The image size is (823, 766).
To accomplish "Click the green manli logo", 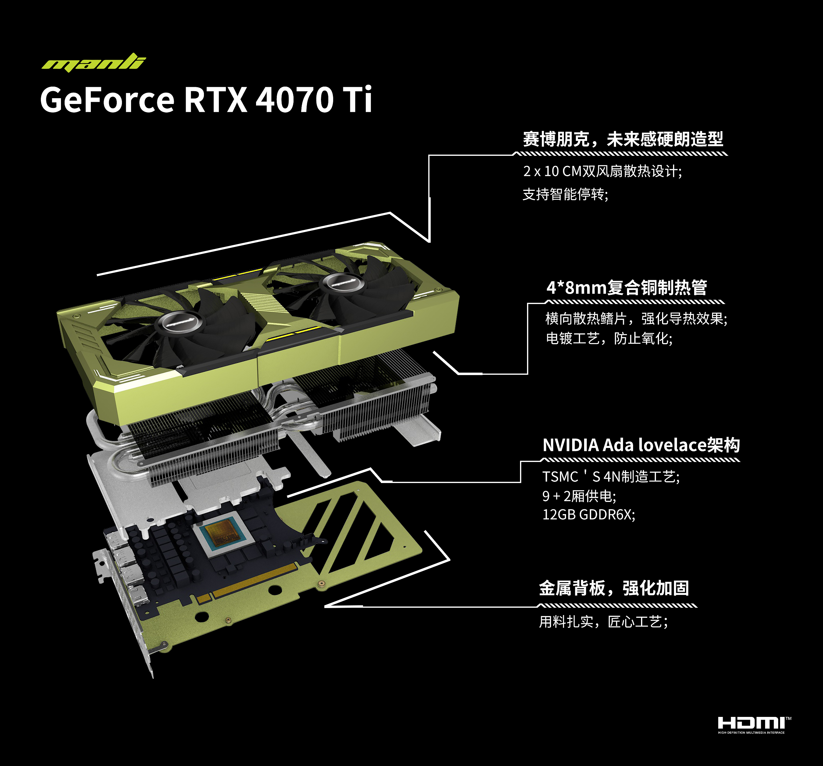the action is coord(94,62).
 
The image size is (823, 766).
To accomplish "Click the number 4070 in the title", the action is coord(294,99).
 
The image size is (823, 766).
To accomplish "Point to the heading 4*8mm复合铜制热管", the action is coord(626,287).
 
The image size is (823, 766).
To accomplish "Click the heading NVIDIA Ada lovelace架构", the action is coord(641,445).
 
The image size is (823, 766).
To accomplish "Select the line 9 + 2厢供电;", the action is coord(579,496).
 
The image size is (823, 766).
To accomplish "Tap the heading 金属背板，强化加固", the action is coord(614,588).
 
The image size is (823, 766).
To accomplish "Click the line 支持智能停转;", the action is coord(565,194).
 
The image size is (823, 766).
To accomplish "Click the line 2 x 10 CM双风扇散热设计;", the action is coord(602,171).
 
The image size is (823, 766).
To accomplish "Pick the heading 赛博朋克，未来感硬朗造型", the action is coord(623,139).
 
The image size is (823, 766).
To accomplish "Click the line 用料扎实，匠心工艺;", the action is coord(603,621).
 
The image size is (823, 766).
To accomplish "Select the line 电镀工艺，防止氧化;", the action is coord(609,338).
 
